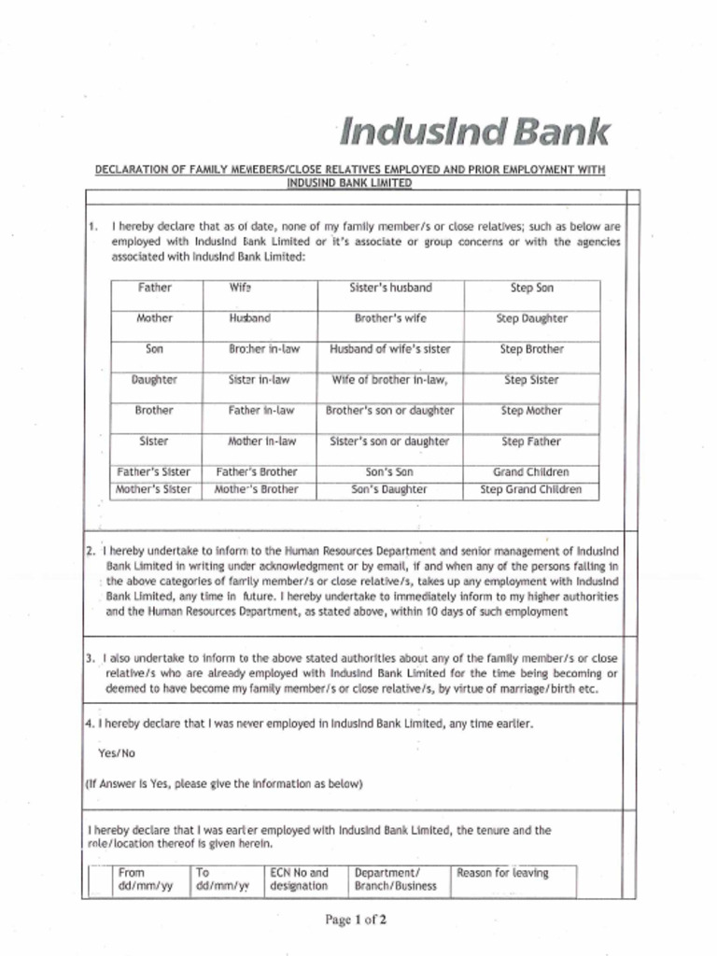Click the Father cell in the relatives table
155,288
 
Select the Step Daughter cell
531,318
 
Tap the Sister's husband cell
390,288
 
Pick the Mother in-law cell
262,442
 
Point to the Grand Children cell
531,472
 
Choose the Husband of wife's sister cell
390,349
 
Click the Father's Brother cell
258,472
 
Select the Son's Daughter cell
390,489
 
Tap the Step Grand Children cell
531,489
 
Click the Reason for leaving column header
502,874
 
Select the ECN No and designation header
299,879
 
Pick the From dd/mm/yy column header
139,879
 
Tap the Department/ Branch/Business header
395,879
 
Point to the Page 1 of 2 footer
356,920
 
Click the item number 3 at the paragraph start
91,657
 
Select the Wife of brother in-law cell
390,380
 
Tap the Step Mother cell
531,411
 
